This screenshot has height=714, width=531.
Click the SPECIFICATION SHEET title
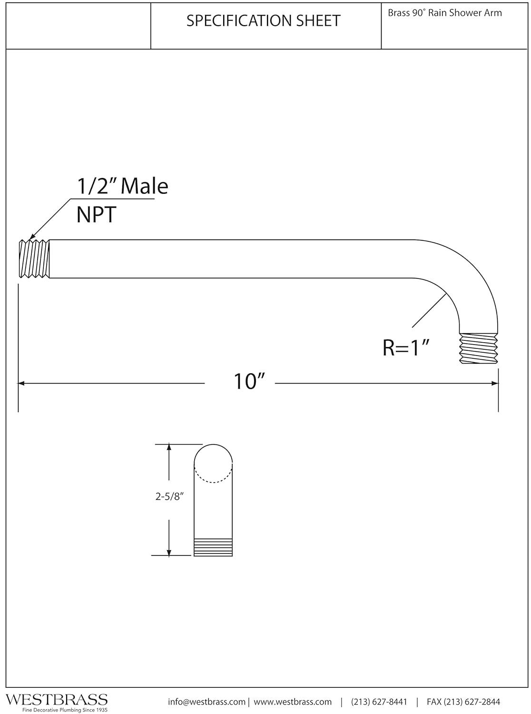(263, 21)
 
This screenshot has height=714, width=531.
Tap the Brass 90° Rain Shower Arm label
(444, 13)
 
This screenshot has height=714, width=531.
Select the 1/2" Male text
(122, 186)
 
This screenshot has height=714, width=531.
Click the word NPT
(96, 215)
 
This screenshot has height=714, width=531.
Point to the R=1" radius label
(406, 348)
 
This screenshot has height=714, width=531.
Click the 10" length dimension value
(249, 381)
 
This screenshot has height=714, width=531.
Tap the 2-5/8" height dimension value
(169, 496)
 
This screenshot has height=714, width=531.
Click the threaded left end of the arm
(34, 258)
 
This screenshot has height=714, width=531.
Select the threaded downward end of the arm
(478, 348)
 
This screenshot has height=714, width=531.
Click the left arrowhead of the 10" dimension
(21, 383)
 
